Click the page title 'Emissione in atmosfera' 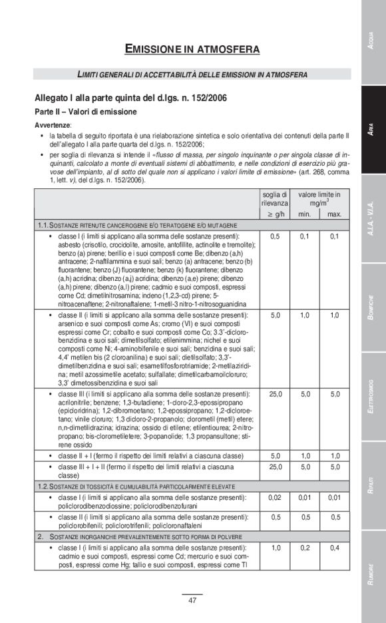(192, 49)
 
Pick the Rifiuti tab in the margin (373, 485)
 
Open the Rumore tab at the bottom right (373, 575)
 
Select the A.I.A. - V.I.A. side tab (373, 219)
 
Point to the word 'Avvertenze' (53, 125)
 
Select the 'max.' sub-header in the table (335, 214)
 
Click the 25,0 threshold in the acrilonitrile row (274, 395)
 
